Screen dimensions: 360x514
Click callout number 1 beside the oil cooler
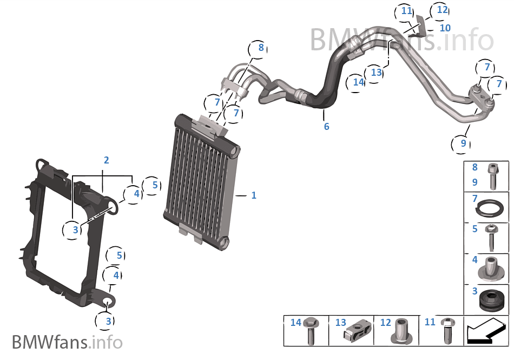pos(253,195)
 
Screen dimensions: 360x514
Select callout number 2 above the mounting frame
pos(107,160)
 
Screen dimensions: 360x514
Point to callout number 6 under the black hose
pos(326,127)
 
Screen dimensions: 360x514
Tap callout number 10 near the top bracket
pos(445,28)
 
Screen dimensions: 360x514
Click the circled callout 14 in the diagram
pos(358,82)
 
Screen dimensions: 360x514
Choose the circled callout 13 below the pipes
pos(377,72)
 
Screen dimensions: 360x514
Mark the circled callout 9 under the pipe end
pos(463,143)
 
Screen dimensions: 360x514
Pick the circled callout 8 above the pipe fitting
pos(260,48)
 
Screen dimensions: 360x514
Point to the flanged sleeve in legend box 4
pos(492,269)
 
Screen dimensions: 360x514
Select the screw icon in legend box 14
pos(311,331)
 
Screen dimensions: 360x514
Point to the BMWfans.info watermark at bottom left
pos(67,342)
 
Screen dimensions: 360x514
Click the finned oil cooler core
pos(200,181)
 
